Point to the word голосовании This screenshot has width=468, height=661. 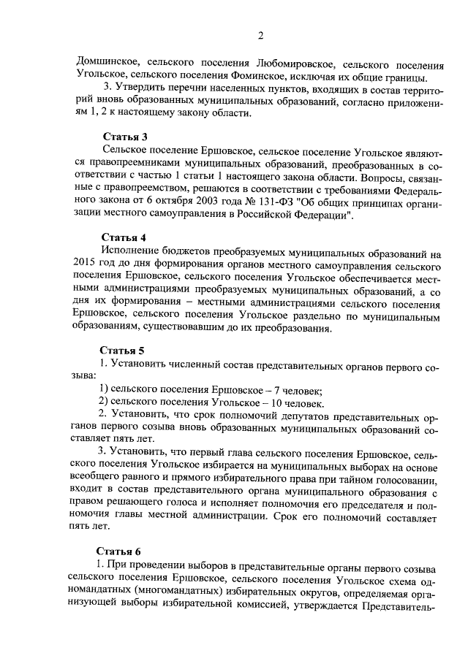click(406, 483)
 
